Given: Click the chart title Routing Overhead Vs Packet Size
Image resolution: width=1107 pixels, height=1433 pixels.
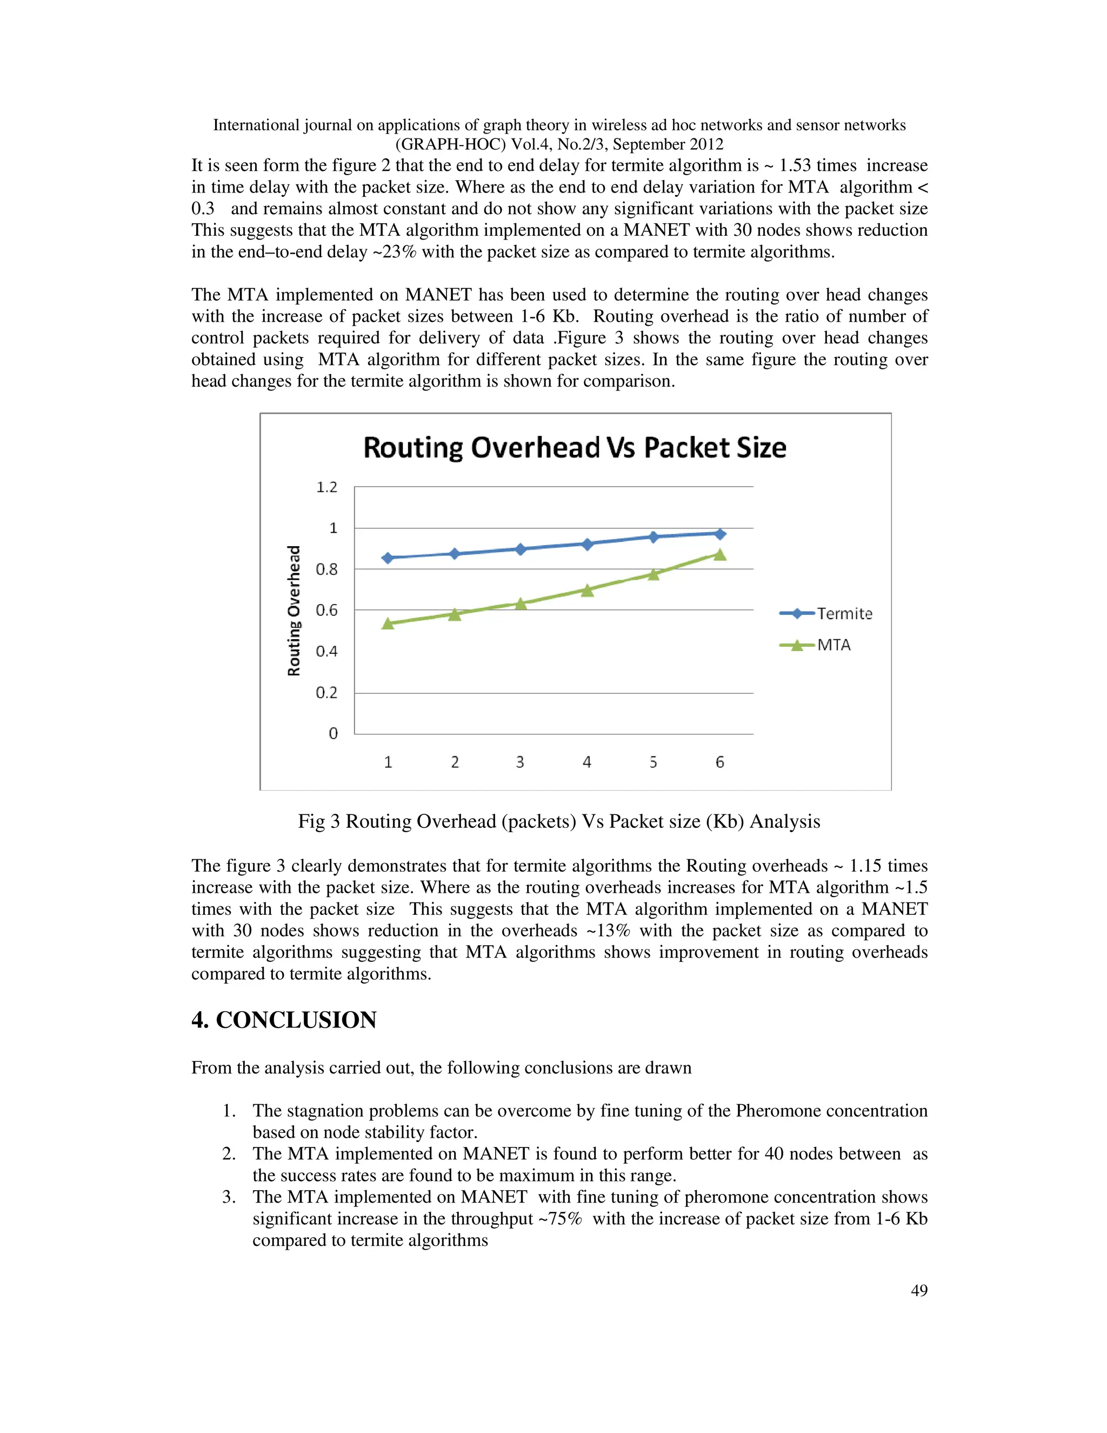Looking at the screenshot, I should (575, 448).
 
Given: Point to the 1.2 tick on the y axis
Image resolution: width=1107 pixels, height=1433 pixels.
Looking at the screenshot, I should (326, 487).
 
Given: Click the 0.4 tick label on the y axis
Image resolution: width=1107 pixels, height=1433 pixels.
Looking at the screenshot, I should (326, 652).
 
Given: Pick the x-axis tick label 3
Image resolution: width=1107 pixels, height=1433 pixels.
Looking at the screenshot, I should (520, 762).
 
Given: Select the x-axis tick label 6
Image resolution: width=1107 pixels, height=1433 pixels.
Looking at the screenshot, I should (719, 762).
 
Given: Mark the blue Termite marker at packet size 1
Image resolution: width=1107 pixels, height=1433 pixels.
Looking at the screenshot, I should (388, 558).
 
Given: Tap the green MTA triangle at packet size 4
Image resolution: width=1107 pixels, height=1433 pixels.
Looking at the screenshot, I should (587, 591).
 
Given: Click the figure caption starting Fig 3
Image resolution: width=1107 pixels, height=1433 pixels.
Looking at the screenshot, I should (559, 821).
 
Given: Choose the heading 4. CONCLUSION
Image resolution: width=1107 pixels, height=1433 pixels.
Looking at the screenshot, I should (284, 1020).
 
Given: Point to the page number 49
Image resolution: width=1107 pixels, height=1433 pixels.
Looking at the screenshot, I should (919, 1291).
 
